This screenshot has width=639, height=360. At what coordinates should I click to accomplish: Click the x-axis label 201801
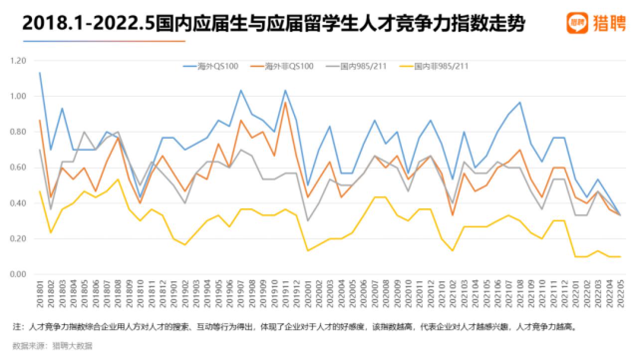pyautogui.click(x=39, y=296)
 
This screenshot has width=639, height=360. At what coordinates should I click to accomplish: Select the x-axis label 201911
pyautogui.click(x=285, y=296)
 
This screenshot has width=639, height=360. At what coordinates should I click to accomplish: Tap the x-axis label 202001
pyautogui.click(x=308, y=296)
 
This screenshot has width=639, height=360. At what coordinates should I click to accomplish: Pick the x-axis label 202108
pyautogui.click(x=520, y=296)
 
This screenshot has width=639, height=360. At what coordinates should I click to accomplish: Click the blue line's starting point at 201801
pyautogui.click(x=39, y=73)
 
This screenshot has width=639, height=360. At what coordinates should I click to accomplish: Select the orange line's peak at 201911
pyautogui.click(x=285, y=102)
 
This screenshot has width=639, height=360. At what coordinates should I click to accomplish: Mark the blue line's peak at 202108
pyautogui.click(x=520, y=102)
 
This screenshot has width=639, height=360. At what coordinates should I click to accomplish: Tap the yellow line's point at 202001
pyautogui.click(x=308, y=251)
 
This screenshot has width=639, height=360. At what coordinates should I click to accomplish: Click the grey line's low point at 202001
pyautogui.click(x=308, y=220)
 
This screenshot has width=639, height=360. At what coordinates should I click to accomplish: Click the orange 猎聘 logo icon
pyautogui.click(x=577, y=23)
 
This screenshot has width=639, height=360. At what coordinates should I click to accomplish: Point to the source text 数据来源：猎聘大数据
pyautogui.click(x=52, y=346)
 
